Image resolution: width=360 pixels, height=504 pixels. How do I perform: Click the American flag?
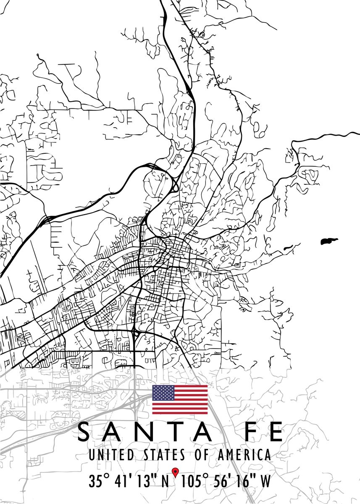180,399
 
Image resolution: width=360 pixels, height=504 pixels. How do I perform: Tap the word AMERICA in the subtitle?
244,455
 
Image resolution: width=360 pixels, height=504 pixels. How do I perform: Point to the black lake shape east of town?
329,241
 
